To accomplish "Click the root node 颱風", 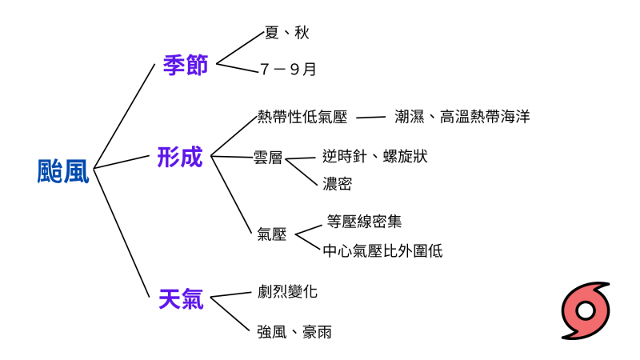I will [64, 170].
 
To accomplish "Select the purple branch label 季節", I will [185, 65].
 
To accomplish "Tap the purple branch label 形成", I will [180, 156].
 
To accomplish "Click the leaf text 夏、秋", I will [286, 33].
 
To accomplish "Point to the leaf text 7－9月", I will [288, 70].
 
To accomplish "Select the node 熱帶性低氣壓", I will [302, 117].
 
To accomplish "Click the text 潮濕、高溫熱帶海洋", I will [462, 117].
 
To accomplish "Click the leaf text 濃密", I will [337, 184].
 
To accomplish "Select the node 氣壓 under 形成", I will [272, 234].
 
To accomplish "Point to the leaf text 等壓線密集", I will [364, 221].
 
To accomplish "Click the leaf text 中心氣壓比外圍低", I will [382, 250].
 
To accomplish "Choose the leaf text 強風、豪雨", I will [294, 331].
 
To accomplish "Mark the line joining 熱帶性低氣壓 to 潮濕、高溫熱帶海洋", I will [370, 118].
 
